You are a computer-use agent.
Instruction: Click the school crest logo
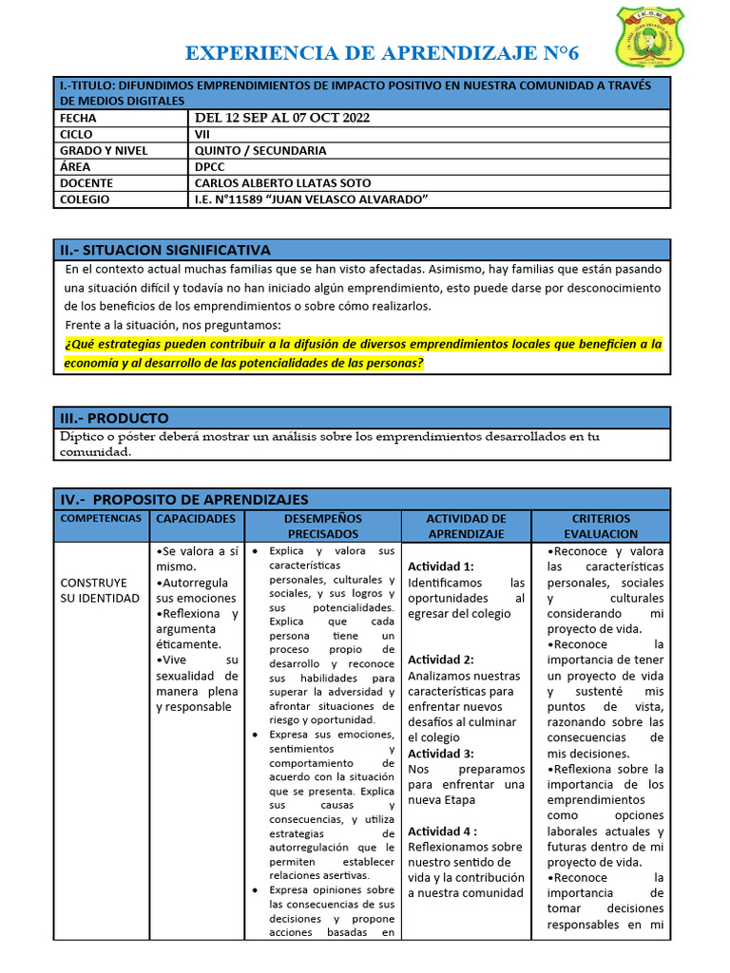click(649, 39)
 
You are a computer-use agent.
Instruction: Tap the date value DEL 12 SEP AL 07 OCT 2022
click(282, 118)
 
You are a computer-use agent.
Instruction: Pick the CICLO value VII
click(203, 135)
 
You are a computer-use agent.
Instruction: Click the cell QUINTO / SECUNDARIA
click(260, 150)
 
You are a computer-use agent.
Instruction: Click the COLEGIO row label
click(84, 199)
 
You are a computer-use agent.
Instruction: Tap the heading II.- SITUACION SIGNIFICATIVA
click(165, 250)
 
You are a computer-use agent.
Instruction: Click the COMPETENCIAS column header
click(102, 519)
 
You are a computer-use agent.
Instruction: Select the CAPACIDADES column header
click(196, 519)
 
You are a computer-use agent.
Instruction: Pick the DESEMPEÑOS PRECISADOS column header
click(322, 526)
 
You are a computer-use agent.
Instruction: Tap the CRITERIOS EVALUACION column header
click(601, 526)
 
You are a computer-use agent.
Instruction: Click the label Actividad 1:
click(440, 566)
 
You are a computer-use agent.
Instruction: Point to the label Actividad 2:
click(440, 659)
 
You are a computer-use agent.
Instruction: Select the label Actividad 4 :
click(442, 830)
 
